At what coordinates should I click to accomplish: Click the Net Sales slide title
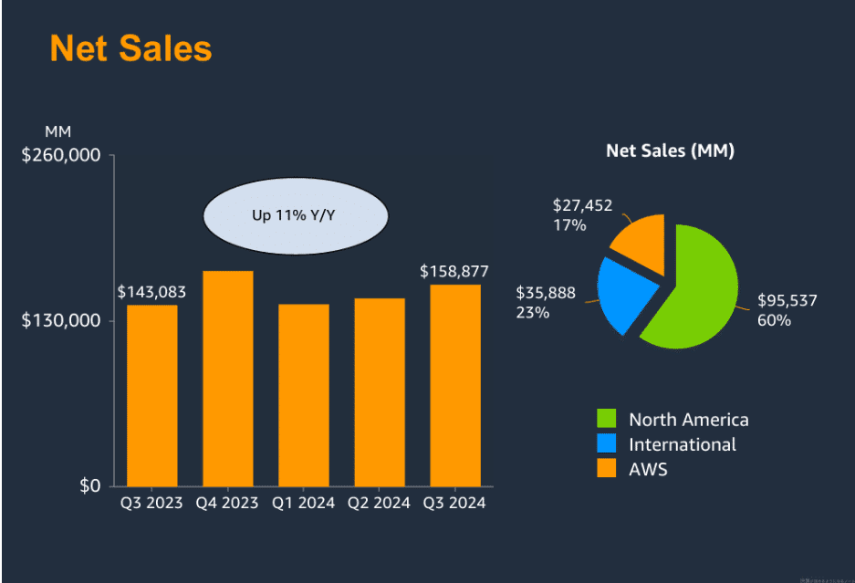click(130, 48)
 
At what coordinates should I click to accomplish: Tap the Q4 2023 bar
click(227, 379)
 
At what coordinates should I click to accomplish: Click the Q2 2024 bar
click(379, 392)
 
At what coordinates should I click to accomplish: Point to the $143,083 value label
click(152, 292)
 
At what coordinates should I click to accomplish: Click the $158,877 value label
click(454, 272)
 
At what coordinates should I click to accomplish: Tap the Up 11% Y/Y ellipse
click(296, 216)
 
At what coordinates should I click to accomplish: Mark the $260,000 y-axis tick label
click(61, 155)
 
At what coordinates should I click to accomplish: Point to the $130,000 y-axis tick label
click(61, 321)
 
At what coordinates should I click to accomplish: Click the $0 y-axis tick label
click(89, 485)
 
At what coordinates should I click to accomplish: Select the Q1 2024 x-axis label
click(303, 503)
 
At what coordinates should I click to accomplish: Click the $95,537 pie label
click(787, 300)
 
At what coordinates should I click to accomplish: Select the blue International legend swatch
click(607, 444)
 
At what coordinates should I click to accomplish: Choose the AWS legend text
click(648, 470)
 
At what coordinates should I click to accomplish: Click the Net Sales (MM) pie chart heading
click(670, 151)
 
